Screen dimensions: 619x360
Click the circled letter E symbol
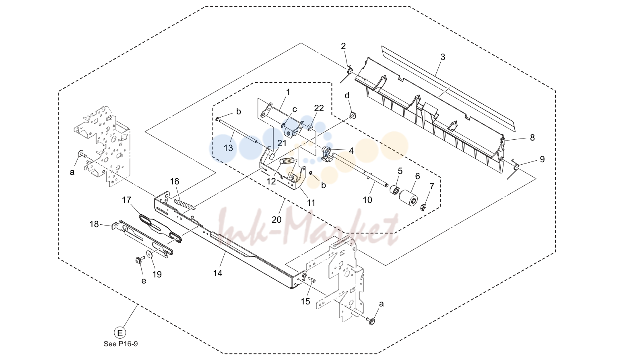[x=120, y=333]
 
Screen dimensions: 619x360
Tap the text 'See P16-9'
[x=120, y=344]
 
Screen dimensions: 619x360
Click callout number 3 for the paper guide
[x=443, y=57]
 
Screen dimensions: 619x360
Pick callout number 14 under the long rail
[x=217, y=273]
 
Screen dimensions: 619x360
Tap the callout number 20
[x=276, y=219]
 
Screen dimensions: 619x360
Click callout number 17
[x=126, y=200]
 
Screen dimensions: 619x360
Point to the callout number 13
[x=228, y=148]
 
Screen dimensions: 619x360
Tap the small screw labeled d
[x=353, y=115]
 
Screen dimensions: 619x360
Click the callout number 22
[x=319, y=108]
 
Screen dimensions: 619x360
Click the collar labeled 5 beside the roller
[x=394, y=190]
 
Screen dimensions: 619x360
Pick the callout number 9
[x=542, y=159]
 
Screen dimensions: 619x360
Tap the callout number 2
[x=343, y=46]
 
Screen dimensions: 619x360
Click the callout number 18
[x=94, y=224]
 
